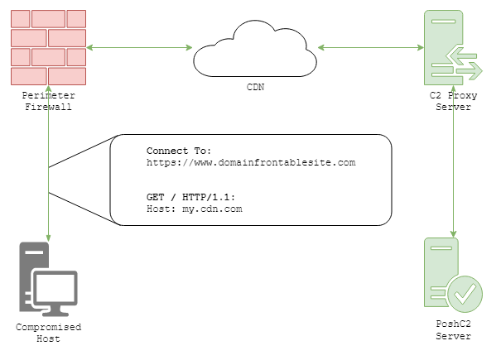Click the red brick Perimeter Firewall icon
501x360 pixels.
coord(49,47)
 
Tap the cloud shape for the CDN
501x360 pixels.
coord(255,49)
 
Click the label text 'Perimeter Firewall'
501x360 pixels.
coord(49,102)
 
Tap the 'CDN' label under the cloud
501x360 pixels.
coord(255,85)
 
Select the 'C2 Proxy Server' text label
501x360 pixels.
coord(453,102)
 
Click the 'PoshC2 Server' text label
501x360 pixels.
coord(453,332)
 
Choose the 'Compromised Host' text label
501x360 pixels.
coord(49,333)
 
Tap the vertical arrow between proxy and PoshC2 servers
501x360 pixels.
coord(453,174)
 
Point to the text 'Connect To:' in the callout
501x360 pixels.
coord(179,151)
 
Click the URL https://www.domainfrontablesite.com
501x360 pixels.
coord(250,162)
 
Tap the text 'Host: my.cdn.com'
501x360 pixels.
coord(194,210)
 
